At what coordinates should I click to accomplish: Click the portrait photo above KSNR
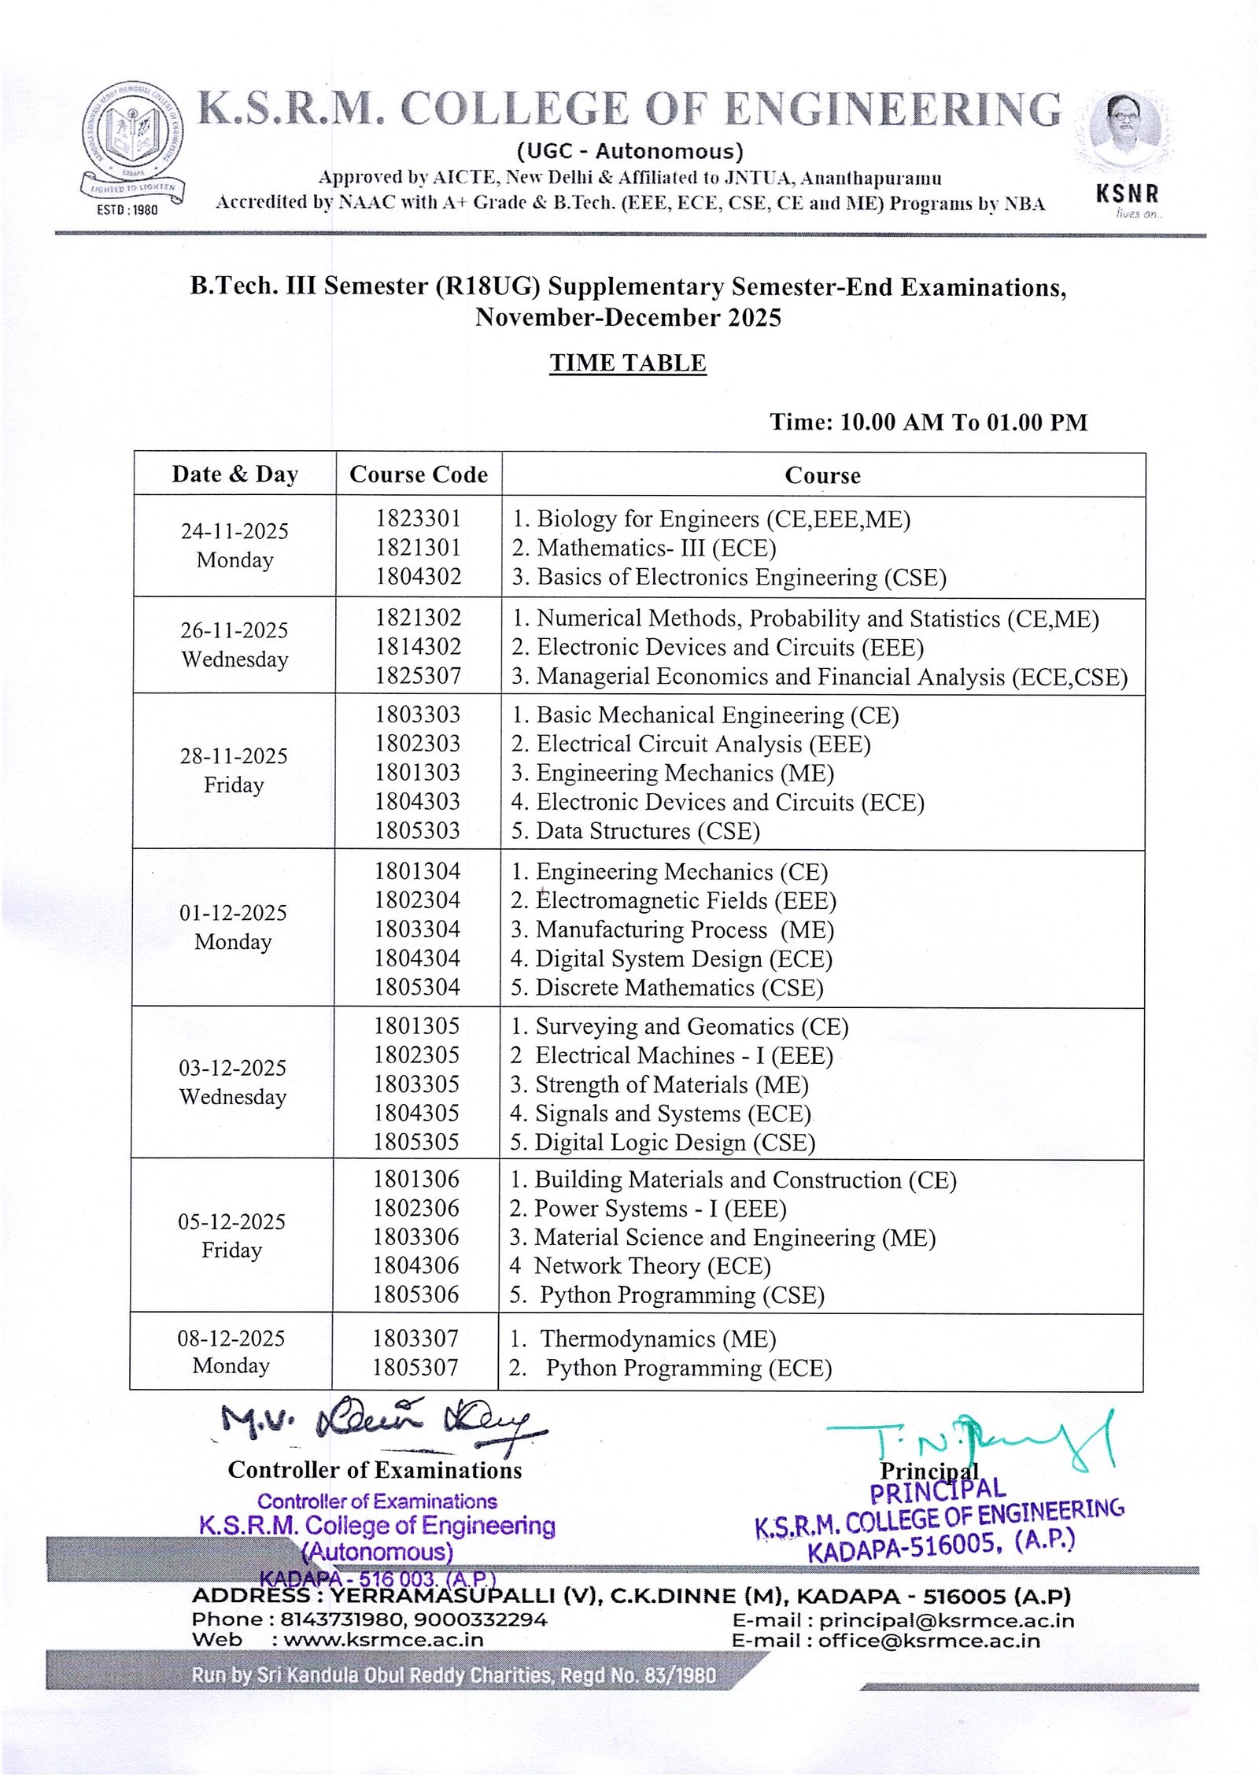1126,131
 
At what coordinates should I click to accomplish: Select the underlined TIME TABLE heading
627,363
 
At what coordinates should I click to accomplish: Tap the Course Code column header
419,475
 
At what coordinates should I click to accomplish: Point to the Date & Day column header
234,475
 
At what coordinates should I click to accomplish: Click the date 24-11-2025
234,531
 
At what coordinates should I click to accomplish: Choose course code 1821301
418,548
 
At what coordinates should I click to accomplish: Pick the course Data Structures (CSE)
647,831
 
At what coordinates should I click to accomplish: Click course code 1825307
418,676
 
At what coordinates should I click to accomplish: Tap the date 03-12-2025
233,1068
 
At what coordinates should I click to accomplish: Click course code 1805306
416,1294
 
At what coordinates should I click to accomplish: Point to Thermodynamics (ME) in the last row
658,1339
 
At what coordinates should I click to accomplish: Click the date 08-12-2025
231,1338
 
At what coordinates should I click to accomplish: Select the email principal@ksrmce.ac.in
947,1621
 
